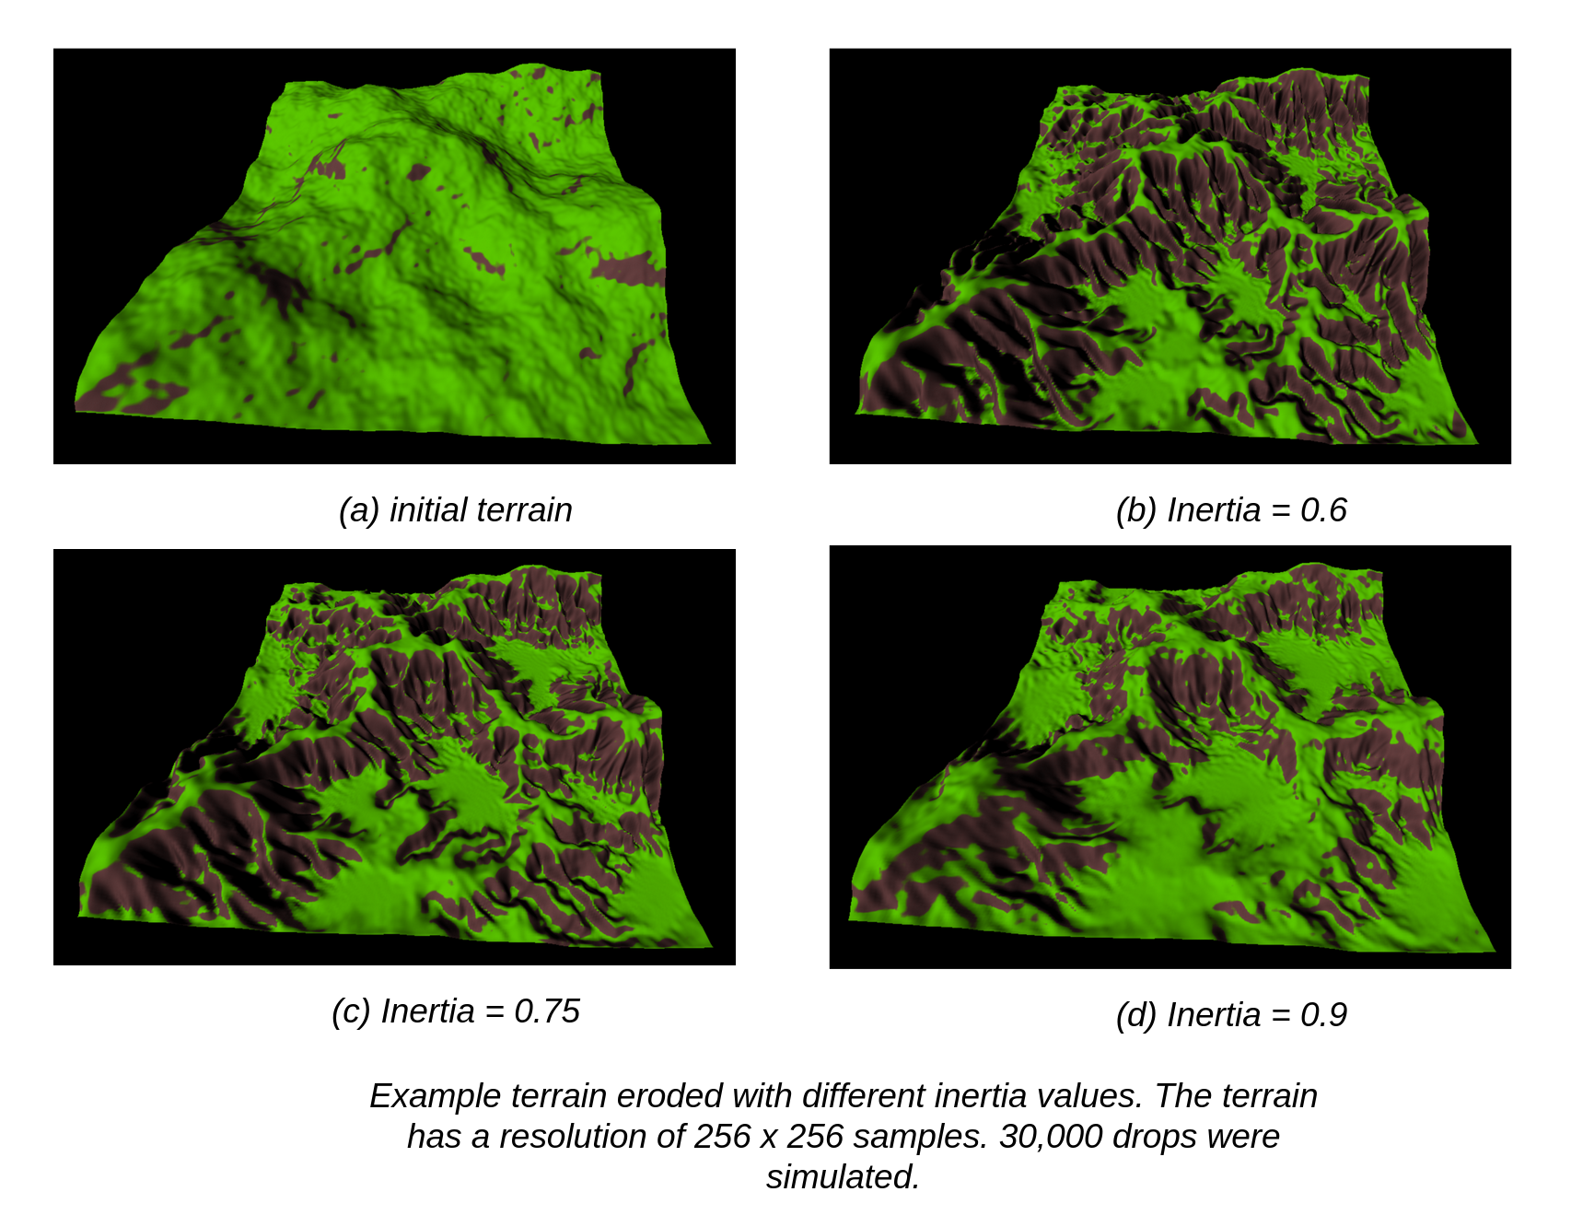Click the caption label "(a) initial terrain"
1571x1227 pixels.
(x=455, y=509)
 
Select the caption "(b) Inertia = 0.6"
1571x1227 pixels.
(x=1230, y=509)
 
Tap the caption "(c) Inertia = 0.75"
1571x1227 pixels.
(x=455, y=1011)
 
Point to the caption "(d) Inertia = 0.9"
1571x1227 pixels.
(x=1230, y=1014)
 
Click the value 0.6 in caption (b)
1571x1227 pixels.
(x=1323, y=509)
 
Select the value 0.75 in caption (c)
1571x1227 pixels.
(x=547, y=1011)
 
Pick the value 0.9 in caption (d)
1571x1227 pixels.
(x=1323, y=1014)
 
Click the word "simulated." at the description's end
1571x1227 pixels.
(x=843, y=1176)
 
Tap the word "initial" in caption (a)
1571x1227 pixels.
(x=423, y=509)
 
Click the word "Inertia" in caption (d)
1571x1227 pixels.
(x=1214, y=1014)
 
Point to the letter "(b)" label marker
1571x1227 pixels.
(x=1135, y=509)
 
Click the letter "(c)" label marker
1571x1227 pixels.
(x=351, y=1011)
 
